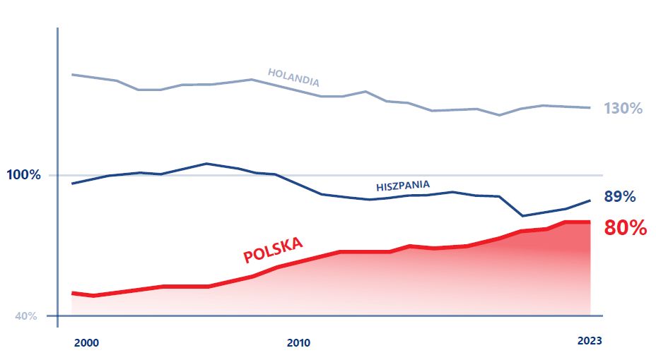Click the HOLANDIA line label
293,77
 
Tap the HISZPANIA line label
403,186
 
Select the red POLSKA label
273,249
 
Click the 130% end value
623,109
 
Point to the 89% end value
620,197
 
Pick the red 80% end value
625,228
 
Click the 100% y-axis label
25,174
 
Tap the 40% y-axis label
26,316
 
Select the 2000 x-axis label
86,343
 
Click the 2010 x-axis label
298,343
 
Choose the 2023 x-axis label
589,341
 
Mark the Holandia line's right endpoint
590,108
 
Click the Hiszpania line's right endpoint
590,200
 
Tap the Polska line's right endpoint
590,222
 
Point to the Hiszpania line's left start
73,184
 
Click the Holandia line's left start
73,74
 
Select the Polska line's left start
73,293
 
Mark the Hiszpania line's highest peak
206,164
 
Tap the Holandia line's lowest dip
499,115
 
